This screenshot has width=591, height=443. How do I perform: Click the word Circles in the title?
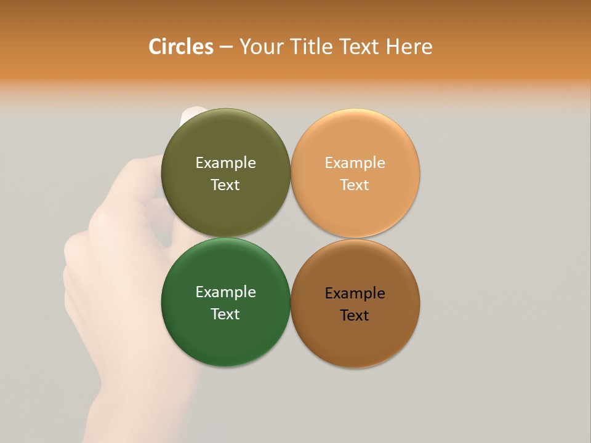180,47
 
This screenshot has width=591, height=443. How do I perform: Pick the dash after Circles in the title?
226,47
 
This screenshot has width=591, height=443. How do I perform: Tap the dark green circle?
225,335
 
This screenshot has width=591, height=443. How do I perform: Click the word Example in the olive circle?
225,162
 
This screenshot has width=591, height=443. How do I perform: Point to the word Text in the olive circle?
225,185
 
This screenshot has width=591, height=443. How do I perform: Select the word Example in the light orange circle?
355,162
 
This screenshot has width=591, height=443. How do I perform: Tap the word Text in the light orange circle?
355,185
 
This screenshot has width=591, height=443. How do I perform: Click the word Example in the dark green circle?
225,292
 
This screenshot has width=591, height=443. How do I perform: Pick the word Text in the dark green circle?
225,314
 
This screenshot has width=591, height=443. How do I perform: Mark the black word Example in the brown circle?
355,293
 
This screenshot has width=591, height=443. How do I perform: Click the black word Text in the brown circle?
355,315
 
